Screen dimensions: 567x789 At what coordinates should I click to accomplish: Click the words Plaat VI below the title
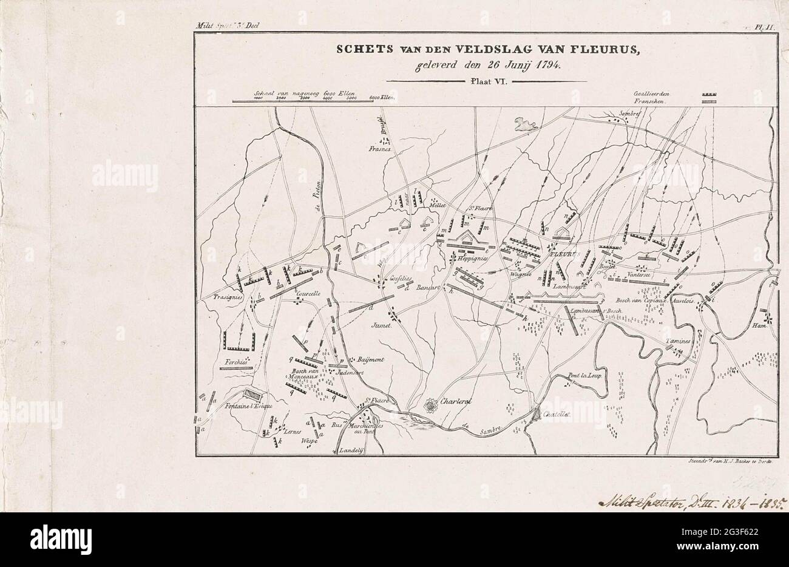pyautogui.click(x=486, y=81)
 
